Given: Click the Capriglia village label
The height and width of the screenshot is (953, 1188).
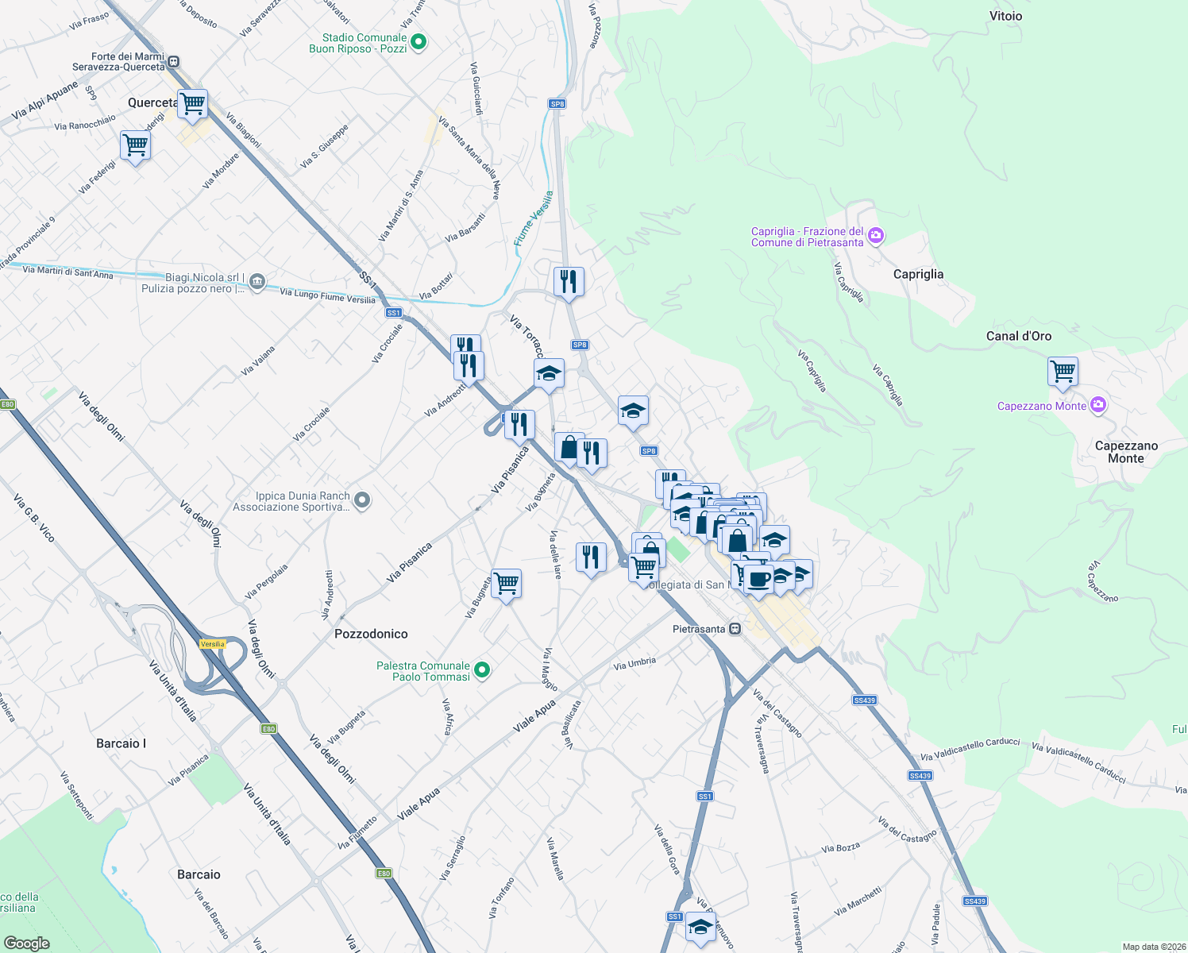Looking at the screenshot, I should pyautogui.click(x=918, y=274).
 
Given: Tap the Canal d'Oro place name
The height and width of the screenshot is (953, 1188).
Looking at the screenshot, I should pyautogui.click(x=1018, y=336).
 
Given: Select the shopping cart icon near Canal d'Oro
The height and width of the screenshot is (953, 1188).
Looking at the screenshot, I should pyautogui.click(x=1063, y=371).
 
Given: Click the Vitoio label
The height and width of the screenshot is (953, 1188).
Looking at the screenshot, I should pyautogui.click(x=1005, y=16).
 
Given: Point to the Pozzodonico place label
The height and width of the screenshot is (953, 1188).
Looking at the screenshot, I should pyautogui.click(x=371, y=634).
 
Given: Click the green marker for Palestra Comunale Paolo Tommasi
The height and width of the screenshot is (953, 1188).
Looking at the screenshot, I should pyautogui.click(x=481, y=671).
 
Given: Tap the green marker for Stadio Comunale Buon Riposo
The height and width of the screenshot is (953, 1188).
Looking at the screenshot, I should pyautogui.click(x=418, y=43).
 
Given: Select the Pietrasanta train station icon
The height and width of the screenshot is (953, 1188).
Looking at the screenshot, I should pyautogui.click(x=735, y=629).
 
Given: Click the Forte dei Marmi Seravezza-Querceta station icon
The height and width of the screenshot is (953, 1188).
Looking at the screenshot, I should pyautogui.click(x=174, y=61).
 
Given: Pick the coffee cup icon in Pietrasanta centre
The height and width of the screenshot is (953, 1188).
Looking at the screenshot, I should pyautogui.click(x=758, y=577).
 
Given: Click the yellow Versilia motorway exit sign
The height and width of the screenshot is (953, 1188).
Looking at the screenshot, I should pyautogui.click(x=213, y=644).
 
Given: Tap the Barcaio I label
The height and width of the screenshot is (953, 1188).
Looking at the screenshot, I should pyautogui.click(x=121, y=743).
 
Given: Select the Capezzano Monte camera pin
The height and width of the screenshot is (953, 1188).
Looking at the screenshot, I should pyautogui.click(x=1098, y=405).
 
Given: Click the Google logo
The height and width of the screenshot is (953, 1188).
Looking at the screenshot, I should pyautogui.click(x=26, y=943).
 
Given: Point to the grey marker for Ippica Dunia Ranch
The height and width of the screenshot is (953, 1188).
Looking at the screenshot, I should pyautogui.click(x=362, y=500).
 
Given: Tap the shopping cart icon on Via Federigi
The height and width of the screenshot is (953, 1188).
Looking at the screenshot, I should pyautogui.click(x=136, y=145).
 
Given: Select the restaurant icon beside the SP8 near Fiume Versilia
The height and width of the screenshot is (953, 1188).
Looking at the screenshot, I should pyautogui.click(x=569, y=281).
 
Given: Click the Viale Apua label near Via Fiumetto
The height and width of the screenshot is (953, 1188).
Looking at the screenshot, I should pyautogui.click(x=418, y=804).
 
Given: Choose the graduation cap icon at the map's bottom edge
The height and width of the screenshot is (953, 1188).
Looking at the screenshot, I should pyautogui.click(x=700, y=927).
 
